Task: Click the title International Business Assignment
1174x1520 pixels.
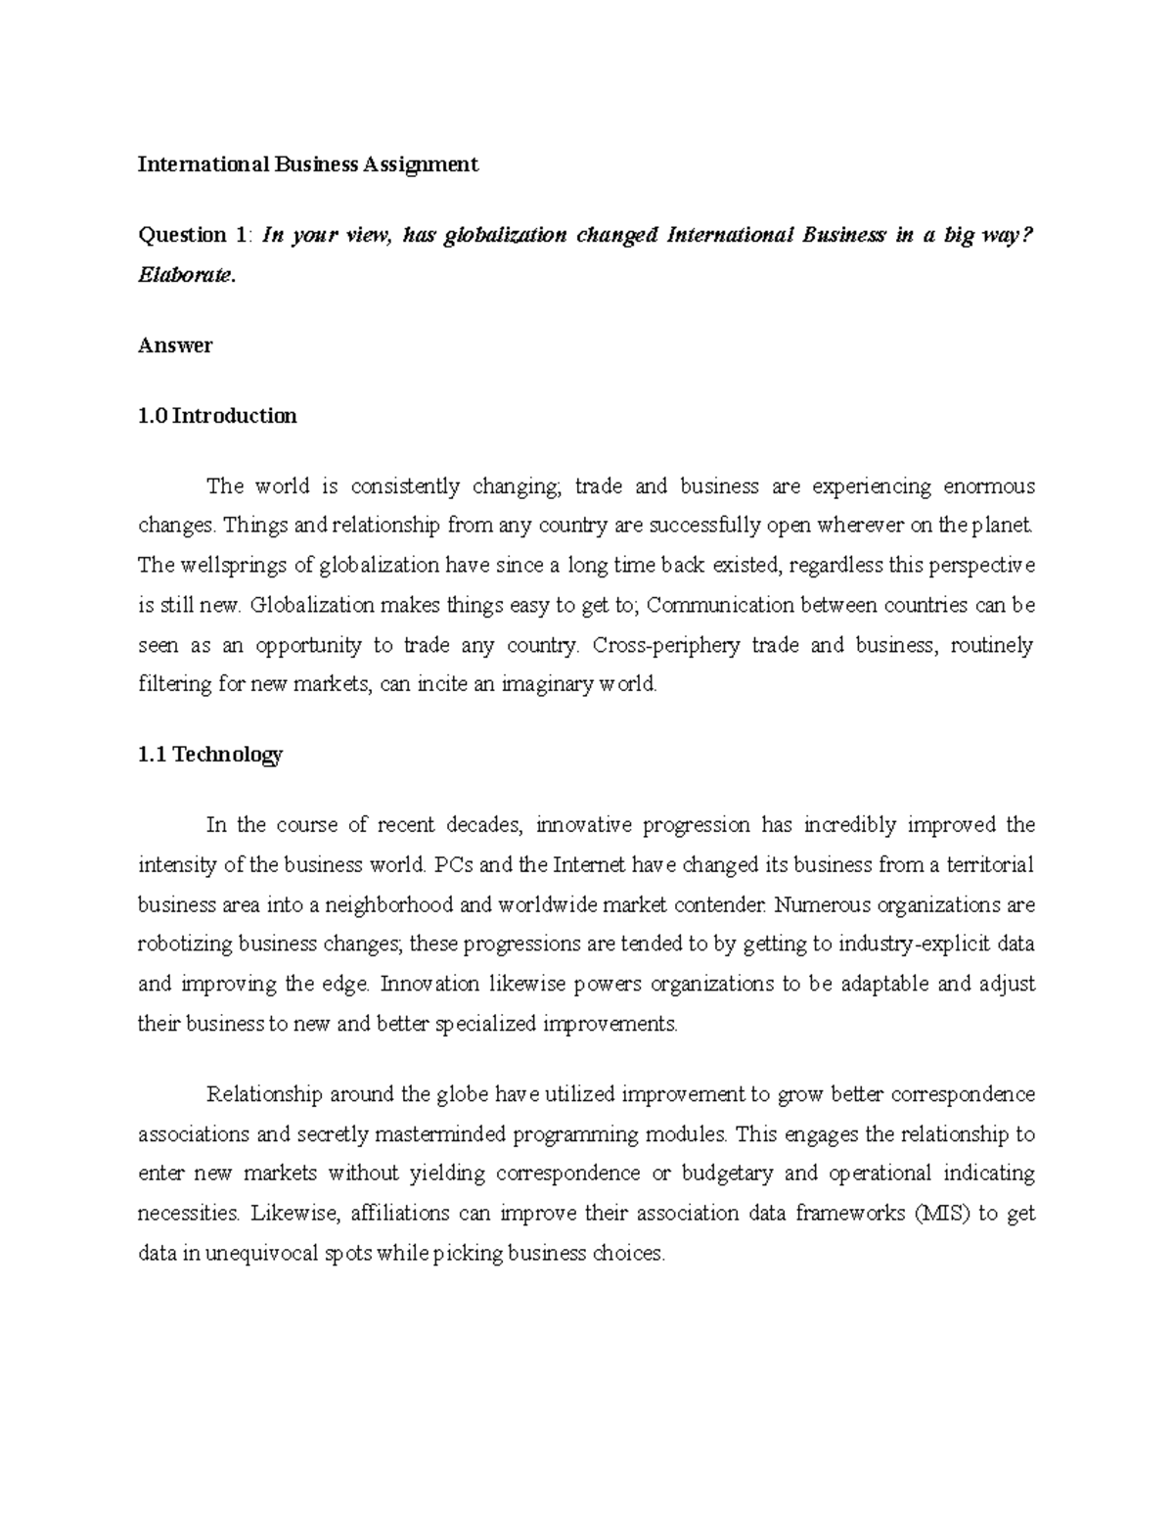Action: pos(308,164)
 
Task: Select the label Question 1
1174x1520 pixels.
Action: pos(194,235)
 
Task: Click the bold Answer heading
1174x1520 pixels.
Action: pos(175,345)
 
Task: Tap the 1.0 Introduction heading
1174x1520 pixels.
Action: pos(217,416)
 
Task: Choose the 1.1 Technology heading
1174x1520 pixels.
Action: pos(210,755)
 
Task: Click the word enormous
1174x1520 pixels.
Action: pos(989,486)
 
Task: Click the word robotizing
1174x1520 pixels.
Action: pos(185,944)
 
